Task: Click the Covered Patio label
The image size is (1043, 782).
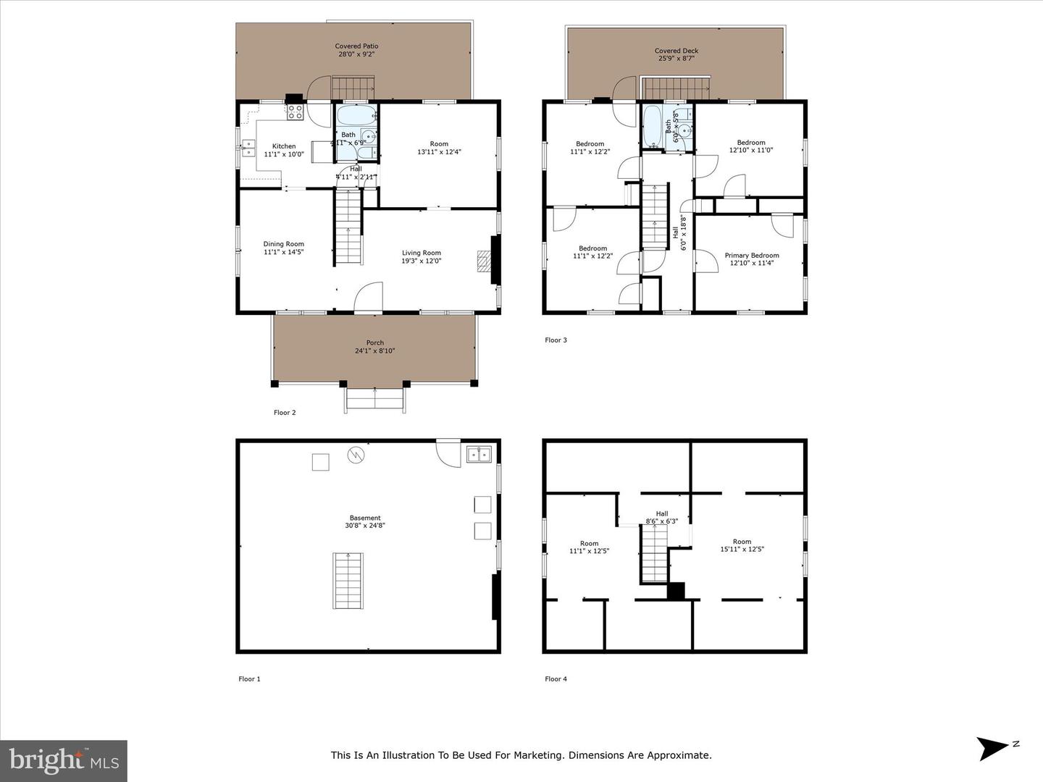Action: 356,46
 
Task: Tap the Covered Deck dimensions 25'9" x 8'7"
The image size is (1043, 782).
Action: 677,59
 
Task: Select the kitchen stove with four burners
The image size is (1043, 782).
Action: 296,112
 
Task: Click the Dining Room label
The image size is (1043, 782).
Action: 283,244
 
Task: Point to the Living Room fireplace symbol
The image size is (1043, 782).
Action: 484,261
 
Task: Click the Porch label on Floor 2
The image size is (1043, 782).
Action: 374,342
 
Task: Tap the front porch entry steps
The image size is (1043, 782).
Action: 374,400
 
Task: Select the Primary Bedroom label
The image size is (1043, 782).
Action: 752,256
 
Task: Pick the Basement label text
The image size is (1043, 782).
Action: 365,518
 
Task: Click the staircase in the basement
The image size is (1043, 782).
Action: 347,581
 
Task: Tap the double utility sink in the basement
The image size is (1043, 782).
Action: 478,455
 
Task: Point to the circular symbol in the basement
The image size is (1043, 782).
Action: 356,455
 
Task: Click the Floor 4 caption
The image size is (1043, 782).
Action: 556,679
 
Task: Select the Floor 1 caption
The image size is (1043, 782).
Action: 249,679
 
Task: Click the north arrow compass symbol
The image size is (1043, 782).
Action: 992,748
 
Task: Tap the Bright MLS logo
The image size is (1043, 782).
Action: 64,760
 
